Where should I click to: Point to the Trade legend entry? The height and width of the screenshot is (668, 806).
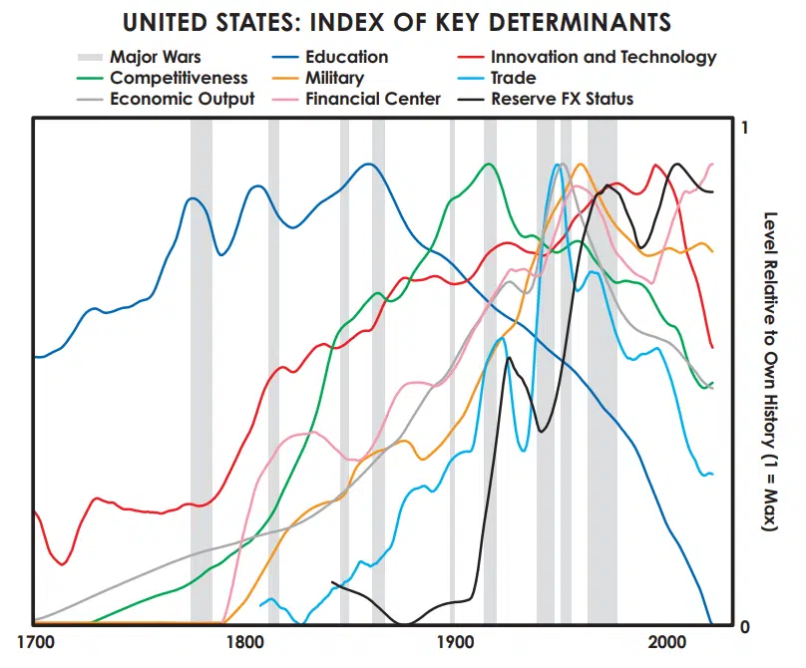pos(513,78)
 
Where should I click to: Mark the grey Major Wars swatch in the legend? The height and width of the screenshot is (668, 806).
pos(90,58)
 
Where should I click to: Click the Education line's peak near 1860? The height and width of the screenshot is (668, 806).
pos(370,165)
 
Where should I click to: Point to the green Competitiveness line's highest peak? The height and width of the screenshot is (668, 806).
pos(489,165)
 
